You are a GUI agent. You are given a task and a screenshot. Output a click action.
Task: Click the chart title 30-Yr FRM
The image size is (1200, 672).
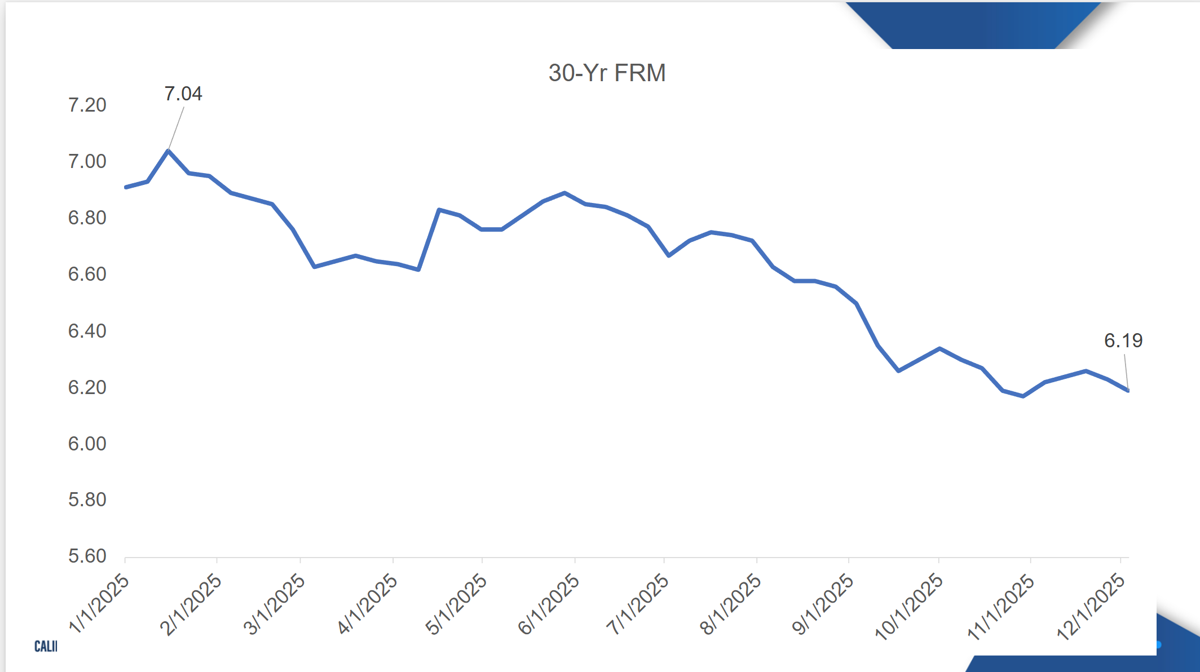[607, 73]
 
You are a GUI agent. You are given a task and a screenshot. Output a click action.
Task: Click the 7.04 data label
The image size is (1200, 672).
[183, 94]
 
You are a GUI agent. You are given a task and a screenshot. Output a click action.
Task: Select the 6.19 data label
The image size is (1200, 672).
[1123, 341]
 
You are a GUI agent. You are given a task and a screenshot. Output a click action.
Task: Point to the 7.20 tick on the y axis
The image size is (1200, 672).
[87, 105]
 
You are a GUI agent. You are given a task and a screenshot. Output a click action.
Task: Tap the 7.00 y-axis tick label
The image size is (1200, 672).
[87, 162]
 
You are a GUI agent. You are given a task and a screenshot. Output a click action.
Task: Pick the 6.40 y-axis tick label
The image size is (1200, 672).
[87, 331]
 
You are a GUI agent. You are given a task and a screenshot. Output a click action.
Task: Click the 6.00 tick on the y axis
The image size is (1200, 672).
[87, 444]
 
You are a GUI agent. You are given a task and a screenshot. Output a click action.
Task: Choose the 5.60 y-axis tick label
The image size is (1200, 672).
[87, 556]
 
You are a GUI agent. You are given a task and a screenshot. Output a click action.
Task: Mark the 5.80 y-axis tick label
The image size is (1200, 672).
[87, 499]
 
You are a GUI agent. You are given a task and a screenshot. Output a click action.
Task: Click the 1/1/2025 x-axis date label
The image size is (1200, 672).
[99, 603]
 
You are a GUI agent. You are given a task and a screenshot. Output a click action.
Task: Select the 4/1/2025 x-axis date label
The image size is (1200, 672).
[367, 603]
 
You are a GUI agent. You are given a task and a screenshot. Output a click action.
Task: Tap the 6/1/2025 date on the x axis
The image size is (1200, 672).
[549, 603]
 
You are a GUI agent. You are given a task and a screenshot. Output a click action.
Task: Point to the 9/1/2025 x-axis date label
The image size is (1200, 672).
[823, 603]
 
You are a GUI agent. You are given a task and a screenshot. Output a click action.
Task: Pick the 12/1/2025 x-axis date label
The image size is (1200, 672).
[1091, 606]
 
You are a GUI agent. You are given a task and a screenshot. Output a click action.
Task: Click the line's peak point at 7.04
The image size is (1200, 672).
[168, 151]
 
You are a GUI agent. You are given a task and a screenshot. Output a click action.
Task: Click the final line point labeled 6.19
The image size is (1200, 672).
[1128, 390]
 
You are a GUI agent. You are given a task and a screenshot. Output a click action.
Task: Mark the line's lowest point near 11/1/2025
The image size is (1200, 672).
[1023, 396]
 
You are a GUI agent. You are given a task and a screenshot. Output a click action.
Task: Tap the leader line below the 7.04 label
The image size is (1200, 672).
[176, 129]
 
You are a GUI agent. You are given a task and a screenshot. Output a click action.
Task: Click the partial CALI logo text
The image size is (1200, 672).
[46, 646]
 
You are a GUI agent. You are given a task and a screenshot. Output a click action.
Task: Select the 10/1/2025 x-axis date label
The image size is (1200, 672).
[908, 606]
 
